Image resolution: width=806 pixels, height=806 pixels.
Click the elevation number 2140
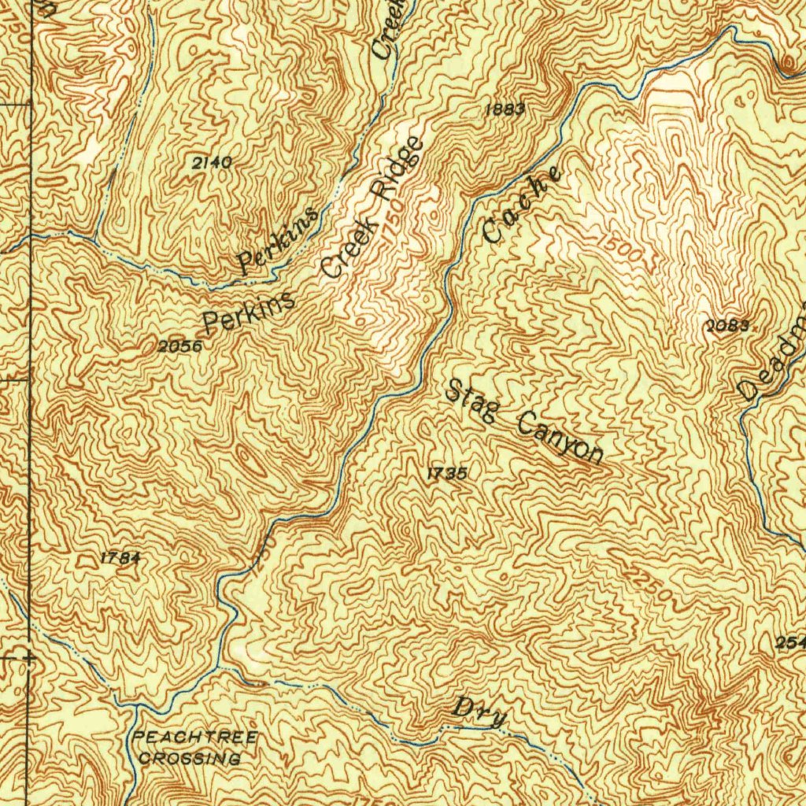(212, 163)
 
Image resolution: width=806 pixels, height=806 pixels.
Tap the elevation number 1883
(505, 109)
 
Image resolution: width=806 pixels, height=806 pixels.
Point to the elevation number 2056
(179, 346)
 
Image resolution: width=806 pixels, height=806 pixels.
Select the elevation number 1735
(448, 473)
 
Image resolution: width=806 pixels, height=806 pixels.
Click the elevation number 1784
(120, 558)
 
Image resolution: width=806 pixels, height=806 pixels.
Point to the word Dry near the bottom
(479, 710)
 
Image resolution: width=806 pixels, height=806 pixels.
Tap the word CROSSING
(189, 759)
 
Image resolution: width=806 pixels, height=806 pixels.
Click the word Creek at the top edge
(390, 29)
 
